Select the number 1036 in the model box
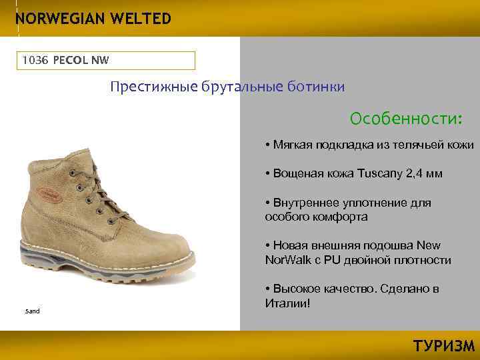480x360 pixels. coord(34,61)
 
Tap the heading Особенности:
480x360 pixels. coord(406,119)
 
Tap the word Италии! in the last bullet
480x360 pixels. coord(287,303)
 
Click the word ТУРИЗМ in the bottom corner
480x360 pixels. coord(444,346)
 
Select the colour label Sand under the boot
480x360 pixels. coord(33,311)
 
